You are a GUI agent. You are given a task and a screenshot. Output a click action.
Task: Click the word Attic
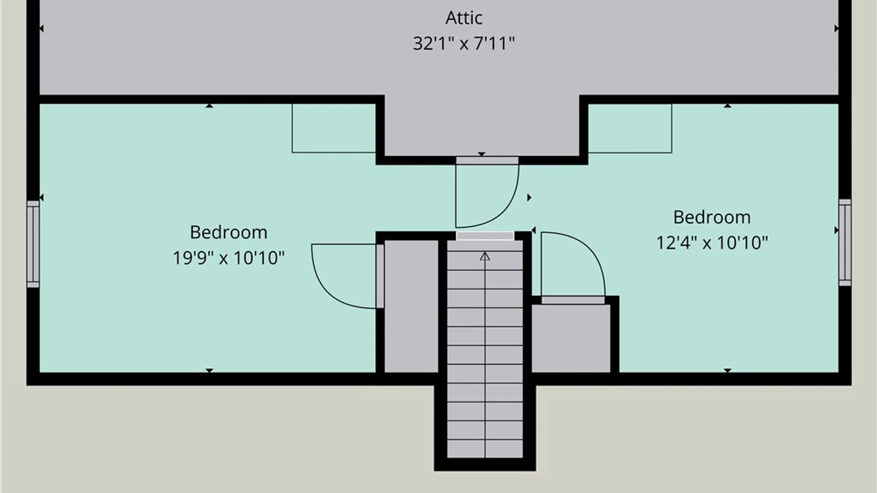[464, 18]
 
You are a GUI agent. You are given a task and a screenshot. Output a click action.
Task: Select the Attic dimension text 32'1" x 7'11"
[464, 43]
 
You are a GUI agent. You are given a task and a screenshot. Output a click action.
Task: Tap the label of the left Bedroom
[228, 232]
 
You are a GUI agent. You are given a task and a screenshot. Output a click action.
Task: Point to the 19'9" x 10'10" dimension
[228, 258]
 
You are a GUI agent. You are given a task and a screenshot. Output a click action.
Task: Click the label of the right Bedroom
[712, 217]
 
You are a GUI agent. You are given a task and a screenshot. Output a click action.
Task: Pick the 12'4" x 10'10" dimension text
[712, 243]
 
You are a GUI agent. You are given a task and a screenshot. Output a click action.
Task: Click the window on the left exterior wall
[33, 244]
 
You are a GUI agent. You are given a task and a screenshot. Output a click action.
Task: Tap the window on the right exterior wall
[845, 242]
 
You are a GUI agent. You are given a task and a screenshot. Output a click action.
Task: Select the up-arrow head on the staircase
[485, 257]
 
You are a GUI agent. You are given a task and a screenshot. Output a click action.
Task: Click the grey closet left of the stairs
[411, 306]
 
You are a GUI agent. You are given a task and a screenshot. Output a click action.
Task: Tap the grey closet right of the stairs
[571, 338]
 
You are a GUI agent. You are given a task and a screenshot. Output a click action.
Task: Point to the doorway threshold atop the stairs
[485, 236]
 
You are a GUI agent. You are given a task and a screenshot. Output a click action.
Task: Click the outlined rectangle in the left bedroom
[334, 128]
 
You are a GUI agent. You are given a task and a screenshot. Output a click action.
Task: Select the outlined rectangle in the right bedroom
[630, 128]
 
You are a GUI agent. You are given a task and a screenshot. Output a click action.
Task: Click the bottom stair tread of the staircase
[485, 449]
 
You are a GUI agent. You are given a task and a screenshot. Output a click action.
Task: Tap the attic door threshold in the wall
[487, 160]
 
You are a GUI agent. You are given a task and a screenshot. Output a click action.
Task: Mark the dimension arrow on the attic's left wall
[42, 28]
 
